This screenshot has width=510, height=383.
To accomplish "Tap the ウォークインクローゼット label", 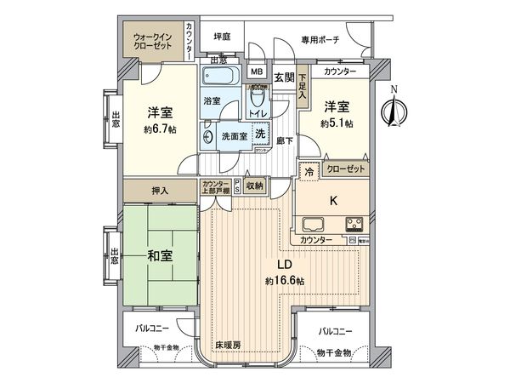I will pyautogui.click(x=151, y=43).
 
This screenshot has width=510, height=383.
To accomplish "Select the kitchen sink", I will pyautogui.click(x=311, y=225).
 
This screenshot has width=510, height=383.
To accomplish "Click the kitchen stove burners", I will pyautogui.click(x=355, y=225).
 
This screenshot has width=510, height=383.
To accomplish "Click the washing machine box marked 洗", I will pyautogui.click(x=261, y=134).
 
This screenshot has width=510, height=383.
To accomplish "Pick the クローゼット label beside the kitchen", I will pyautogui.click(x=345, y=169).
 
